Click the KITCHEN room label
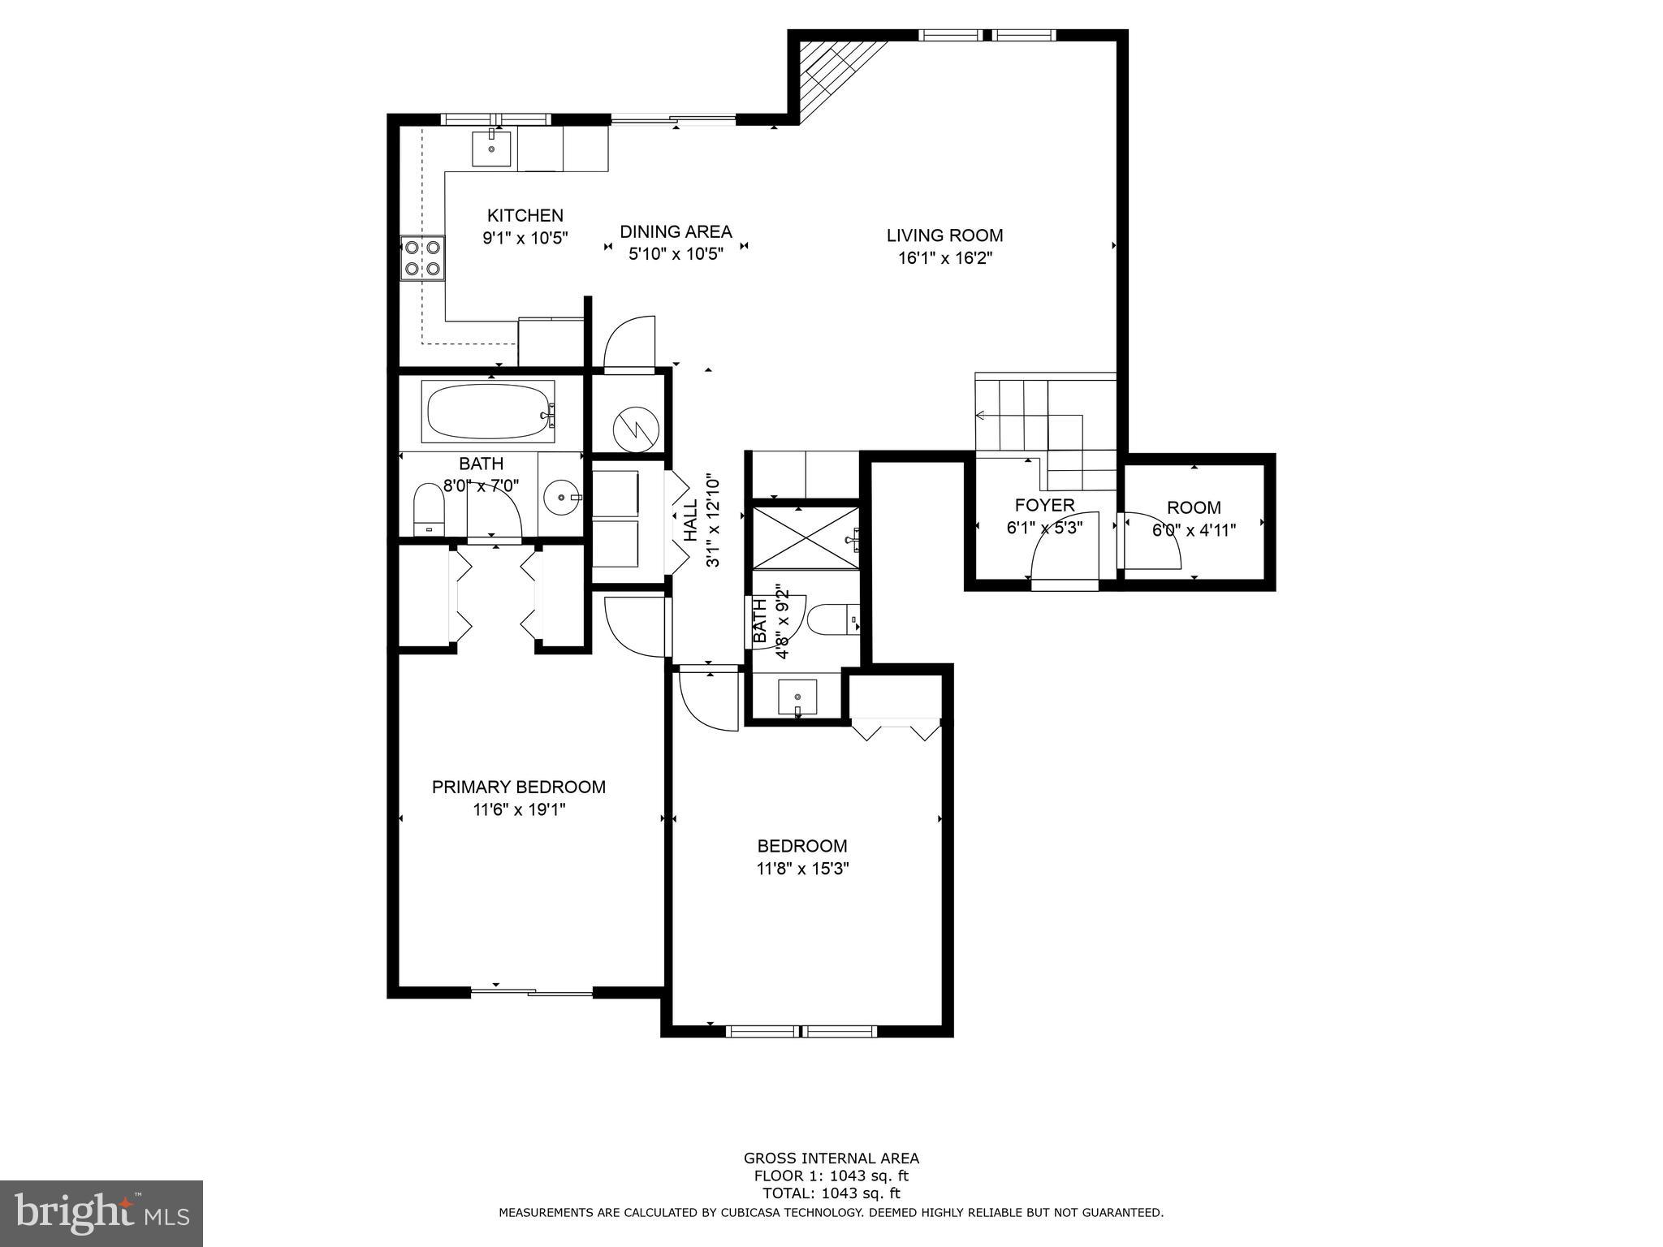[x=525, y=216]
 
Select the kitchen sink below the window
[x=492, y=149]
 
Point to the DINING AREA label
[x=676, y=232]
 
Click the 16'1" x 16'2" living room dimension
[x=944, y=258]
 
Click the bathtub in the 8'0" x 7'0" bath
[x=488, y=412]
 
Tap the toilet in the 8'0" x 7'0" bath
[x=430, y=509]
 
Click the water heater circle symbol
[x=635, y=429]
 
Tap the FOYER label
[x=1044, y=505]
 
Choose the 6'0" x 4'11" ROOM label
[x=1193, y=508]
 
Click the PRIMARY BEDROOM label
[x=518, y=787]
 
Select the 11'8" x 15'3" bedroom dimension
[x=802, y=869]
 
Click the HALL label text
[x=690, y=520]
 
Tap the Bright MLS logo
[x=102, y=1214]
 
